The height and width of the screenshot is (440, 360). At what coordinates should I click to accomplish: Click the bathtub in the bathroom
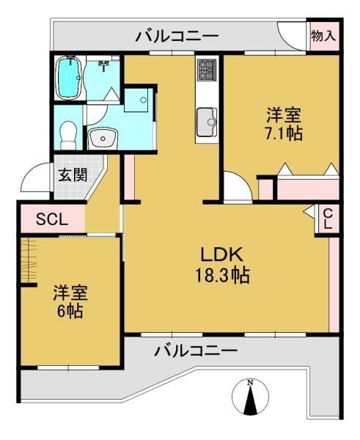tap(68, 78)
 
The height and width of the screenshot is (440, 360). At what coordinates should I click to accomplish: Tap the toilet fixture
tap(68, 135)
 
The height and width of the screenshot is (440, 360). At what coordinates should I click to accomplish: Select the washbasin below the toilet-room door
tap(103, 139)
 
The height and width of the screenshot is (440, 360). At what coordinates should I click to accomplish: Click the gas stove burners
tap(207, 70)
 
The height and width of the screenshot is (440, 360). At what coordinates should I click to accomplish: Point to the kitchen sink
tap(207, 122)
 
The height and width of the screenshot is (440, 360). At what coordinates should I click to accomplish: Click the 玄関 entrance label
tap(73, 175)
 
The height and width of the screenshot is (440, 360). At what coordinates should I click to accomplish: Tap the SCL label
tap(52, 219)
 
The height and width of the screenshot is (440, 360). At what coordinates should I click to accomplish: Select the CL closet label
tap(328, 219)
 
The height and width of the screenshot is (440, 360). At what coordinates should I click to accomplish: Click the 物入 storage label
tap(323, 36)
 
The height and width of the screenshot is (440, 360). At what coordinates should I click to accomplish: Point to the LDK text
tap(221, 254)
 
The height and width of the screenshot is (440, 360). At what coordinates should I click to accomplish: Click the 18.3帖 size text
tap(222, 275)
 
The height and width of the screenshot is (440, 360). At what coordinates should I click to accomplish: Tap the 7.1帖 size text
tap(284, 133)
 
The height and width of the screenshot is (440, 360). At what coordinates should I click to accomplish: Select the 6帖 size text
tap(70, 310)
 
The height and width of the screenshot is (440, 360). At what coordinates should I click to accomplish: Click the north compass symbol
tap(250, 397)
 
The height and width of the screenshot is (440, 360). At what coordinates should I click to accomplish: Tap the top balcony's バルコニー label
tap(177, 37)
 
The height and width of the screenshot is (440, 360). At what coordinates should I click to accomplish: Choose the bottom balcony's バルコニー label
tap(196, 351)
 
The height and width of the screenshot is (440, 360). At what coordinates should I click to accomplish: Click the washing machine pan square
tap(138, 100)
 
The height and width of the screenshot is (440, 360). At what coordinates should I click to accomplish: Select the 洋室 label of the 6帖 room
tap(70, 293)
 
